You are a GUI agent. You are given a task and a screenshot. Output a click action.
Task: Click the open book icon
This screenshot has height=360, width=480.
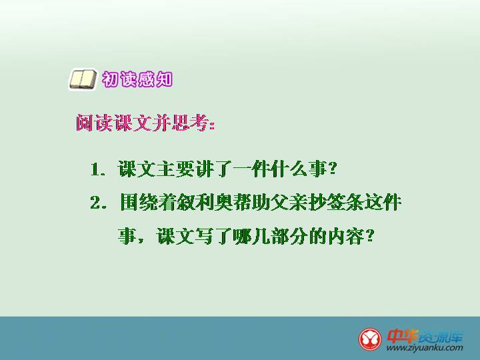coord(83,79)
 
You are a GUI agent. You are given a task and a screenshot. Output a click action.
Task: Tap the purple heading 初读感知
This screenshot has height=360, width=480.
coord(137,79)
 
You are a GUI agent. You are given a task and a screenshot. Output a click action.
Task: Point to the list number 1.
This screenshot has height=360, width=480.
coord(95,169)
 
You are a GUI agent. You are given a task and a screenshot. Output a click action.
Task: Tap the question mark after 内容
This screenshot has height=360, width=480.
coord(370,236)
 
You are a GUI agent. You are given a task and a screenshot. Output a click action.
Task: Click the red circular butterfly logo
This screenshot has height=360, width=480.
coord(370,339)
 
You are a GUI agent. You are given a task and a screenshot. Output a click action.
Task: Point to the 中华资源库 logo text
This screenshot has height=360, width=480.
coord(425,336)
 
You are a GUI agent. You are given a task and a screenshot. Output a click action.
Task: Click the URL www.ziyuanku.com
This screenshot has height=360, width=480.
coord(425,348)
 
